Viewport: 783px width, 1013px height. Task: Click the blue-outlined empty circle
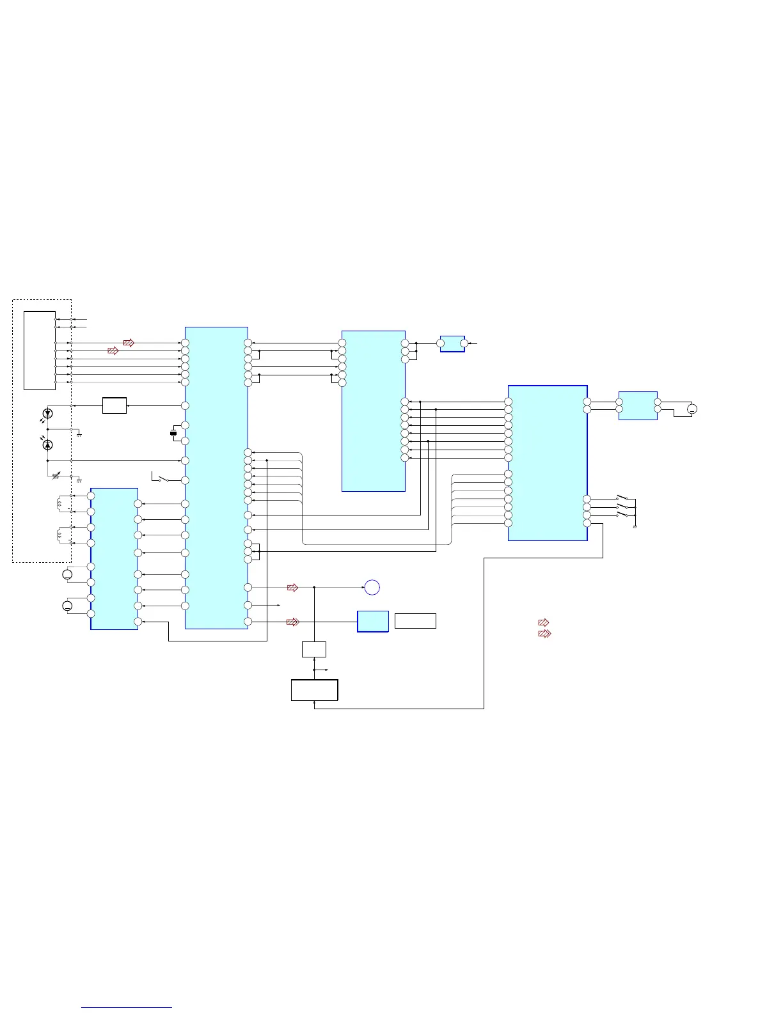[x=372, y=587]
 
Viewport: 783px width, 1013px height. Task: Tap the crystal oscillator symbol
[x=173, y=434]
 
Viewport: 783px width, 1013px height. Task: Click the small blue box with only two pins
[x=452, y=343]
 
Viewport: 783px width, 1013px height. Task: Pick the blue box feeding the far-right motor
[x=638, y=405]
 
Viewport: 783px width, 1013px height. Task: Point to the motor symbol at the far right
[x=692, y=409]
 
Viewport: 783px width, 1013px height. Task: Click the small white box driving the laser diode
[x=115, y=405]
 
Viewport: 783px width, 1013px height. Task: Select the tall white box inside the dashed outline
[x=40, y=350]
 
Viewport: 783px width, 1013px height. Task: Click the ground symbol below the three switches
[x=635, y=526]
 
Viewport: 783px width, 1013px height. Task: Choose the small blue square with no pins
[x=373, y=621]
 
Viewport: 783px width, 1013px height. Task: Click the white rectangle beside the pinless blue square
[x=415, y=621]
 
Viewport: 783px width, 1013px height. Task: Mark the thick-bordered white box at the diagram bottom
[x=314, y=690]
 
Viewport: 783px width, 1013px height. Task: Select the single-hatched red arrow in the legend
[x=543, y=622]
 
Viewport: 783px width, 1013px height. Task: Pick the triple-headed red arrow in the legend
[x=544, y=634]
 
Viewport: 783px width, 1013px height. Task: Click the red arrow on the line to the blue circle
[x=292, y=587]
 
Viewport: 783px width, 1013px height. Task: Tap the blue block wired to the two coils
[x=115, y=558]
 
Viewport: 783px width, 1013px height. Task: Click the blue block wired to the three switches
[x=548, y=463]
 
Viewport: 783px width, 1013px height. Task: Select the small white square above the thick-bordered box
[x=314, y=649]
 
